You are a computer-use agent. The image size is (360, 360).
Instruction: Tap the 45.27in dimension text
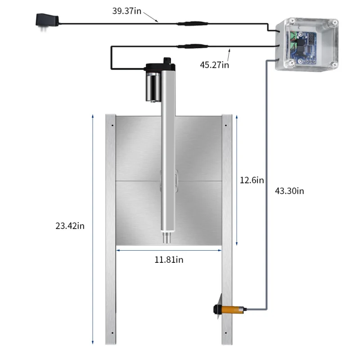(x=215, y=65)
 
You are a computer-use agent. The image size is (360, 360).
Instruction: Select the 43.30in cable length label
(x=289, y=191)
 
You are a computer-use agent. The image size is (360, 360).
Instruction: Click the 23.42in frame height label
(x=70, y=225)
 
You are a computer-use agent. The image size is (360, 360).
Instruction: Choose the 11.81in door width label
(x=169, y=259)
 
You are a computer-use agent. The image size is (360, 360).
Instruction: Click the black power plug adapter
(x=46, y=21)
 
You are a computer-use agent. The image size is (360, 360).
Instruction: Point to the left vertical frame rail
(x=110, y=229)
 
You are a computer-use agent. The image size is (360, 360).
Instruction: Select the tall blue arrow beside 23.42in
(x=92, y=229)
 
